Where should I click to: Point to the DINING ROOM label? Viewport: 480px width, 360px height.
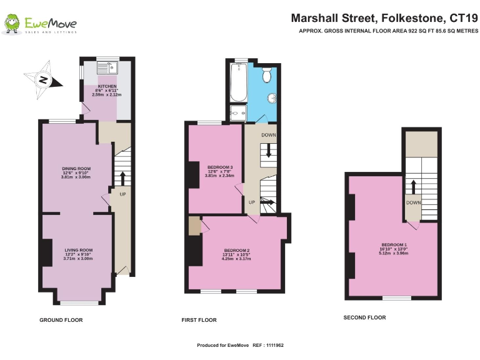coord(76,168)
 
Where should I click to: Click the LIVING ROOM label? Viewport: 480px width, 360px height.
coord(78,250)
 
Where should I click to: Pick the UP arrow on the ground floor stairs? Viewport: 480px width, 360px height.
coord(122,178)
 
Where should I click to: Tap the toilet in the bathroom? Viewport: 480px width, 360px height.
coord(267,75)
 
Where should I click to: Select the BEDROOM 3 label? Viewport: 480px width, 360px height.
coord(219,167)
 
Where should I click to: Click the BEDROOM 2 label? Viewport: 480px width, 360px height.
coord(237,250)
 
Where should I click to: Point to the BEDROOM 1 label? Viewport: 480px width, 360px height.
coord(394,244)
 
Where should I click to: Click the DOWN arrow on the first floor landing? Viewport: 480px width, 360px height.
coord(269,150)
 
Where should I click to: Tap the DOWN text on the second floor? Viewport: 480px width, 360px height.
coord(413,202)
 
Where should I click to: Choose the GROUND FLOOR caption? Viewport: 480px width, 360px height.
coord(61,320)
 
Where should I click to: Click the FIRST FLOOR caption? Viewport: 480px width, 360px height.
coord(199,320)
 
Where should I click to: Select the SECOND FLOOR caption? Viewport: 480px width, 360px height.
coord(365,317)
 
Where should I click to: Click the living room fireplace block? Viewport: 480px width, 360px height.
coord(46,252)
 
